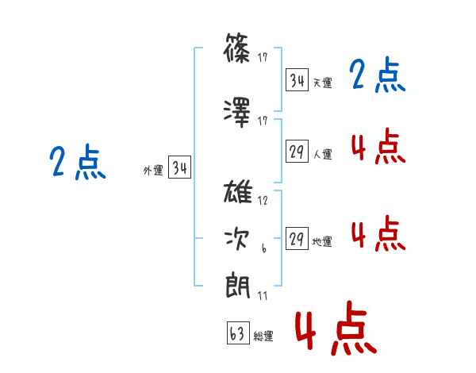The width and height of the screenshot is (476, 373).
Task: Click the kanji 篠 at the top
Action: point(237,48)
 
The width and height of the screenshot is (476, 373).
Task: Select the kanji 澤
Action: point(237,113)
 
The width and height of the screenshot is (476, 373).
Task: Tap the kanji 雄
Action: point(238,191)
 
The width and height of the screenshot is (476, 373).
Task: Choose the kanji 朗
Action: point(238,286)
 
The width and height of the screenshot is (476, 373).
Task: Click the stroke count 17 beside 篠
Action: point(263,57)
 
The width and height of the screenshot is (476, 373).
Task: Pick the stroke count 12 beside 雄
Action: point(263,201)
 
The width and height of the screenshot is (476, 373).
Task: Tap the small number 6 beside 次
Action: point(264,248)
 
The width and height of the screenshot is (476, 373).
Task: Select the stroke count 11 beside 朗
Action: point(263,295)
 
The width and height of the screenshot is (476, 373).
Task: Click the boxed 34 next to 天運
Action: point(297,80)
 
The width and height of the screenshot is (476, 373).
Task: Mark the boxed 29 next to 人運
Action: point(297,152)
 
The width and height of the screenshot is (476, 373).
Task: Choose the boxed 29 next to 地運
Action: point(297,238)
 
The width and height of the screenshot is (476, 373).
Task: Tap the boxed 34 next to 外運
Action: point(180,167)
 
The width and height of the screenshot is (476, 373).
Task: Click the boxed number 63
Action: point(238,333)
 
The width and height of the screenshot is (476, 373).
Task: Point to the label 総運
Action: point(263,336)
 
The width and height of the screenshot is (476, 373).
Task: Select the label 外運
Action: point(153,171)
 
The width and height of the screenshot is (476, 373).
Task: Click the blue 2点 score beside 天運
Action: point(378,75)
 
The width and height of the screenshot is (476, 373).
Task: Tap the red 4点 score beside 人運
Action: point(378,146)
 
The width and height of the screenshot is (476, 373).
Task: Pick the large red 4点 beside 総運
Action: point(336,328)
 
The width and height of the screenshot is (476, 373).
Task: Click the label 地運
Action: point(322,242)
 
